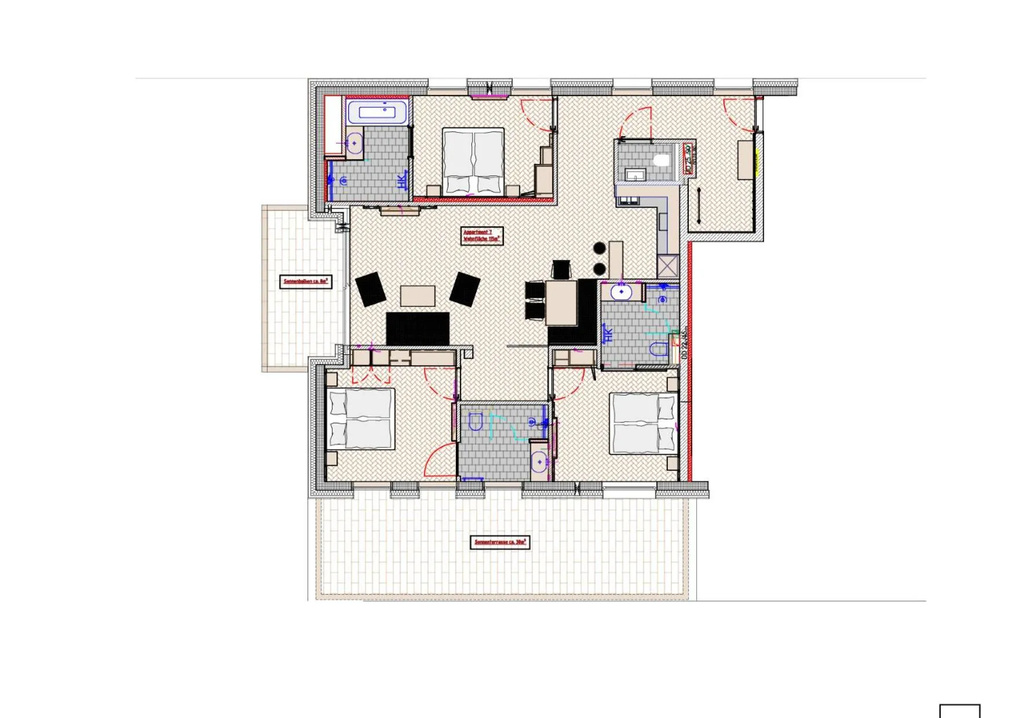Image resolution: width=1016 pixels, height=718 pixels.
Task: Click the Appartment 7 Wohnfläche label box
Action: pos(481,236)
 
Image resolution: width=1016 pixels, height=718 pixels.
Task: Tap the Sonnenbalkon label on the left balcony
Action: pos(306,282)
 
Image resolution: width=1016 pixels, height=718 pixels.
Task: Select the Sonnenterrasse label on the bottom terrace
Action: pos(499,542)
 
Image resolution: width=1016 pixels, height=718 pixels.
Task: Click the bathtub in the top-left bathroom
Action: pos(377,112)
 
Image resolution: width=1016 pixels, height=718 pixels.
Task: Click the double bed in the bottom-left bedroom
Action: pos(361,419)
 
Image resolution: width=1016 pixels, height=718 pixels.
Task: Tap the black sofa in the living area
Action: pos(418,328)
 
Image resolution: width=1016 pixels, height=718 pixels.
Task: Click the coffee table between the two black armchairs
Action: pos(418,296)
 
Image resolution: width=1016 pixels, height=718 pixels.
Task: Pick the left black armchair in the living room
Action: pos(371,289)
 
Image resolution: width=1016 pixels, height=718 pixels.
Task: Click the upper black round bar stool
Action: pos(600,249)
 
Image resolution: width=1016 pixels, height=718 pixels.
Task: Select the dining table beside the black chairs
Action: pos(561,302)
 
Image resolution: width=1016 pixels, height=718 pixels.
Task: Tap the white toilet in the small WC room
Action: pos(661,159)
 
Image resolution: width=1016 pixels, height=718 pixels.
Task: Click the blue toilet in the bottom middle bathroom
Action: pos(476,422)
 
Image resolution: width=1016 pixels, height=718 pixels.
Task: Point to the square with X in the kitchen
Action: pos(667,267)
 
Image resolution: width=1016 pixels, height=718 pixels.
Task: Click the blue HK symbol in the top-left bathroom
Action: pos(401,182)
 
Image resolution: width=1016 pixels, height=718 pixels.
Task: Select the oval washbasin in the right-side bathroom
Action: pos(622,292)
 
